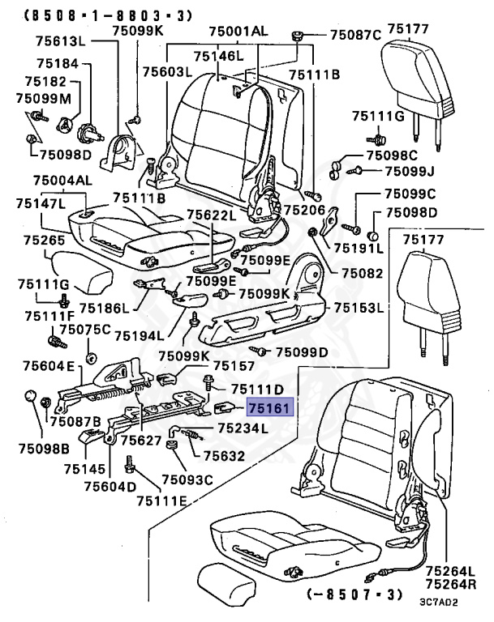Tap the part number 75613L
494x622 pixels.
[x=49, y=40]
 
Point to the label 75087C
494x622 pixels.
[x=354, y=35]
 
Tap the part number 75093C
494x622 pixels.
[x=187, y=480]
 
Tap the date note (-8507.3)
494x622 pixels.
[x=355, y=594]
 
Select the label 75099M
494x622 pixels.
[x=43, y=98]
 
